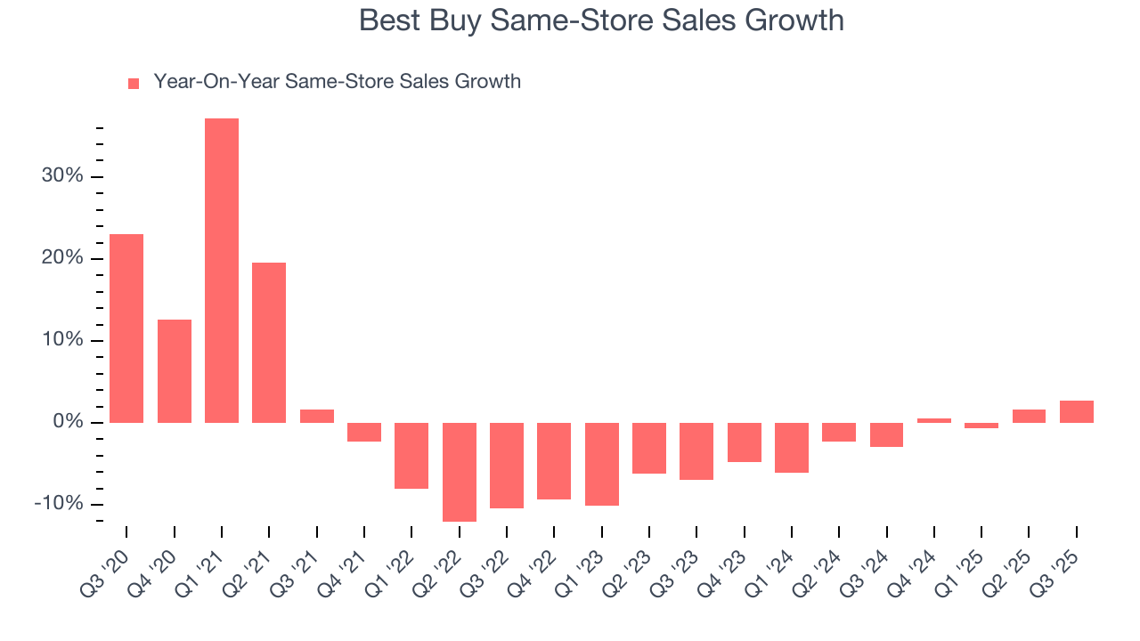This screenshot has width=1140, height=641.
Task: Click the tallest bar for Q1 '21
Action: (222, 271)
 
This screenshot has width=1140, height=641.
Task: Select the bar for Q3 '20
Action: (126, 329)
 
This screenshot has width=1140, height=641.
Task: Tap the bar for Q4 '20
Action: (175, 371)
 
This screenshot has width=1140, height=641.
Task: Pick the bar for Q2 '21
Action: (269, 343)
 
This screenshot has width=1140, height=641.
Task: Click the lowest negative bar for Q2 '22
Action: (460, 472)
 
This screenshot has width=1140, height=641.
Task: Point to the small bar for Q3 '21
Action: (317, 416)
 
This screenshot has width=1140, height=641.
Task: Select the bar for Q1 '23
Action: (602, 464)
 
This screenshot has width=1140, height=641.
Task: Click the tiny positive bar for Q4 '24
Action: (934, 420)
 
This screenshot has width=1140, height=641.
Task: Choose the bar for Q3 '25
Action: (1077, 411)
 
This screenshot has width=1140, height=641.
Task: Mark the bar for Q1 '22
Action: (411, 456)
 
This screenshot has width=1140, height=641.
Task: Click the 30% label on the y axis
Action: (62, 176)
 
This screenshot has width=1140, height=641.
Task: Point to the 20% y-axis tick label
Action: (62, 258)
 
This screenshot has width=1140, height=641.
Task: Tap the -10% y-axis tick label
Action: (59, 504)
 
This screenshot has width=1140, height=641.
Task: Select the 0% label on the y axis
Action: (68, 422)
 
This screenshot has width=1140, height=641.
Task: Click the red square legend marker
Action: (134, 84)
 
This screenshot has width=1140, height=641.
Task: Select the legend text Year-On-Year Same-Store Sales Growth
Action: (337, 82)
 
